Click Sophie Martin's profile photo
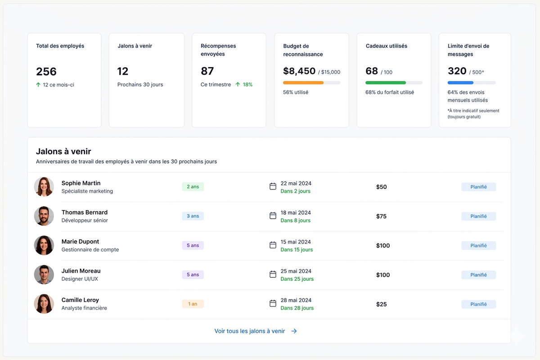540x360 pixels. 44,187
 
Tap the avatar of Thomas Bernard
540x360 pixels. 44,216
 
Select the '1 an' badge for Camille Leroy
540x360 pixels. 193,304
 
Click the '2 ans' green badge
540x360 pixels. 193,187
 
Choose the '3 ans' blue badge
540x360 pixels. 193,216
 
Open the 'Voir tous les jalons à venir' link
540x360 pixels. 256,331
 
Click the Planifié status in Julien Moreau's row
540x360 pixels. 478,275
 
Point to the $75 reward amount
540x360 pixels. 381,216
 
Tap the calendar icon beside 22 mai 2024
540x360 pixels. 273,186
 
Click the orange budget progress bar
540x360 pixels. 303,83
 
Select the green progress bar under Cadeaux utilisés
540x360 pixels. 386,83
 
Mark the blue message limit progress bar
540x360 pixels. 460,83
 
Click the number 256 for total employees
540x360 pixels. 46,72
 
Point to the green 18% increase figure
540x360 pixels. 247,85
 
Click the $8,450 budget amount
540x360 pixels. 299,71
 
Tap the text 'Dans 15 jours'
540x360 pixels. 297,250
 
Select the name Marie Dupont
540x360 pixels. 80,242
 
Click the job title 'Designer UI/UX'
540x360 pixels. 80,279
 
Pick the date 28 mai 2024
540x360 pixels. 296,300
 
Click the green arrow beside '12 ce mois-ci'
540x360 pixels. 38,85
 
